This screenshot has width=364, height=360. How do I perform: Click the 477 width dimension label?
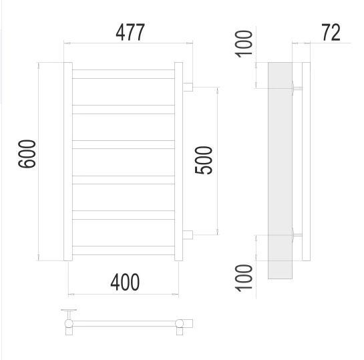(x=130, y=32)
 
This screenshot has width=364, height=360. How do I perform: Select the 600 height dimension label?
(x=27, y=154)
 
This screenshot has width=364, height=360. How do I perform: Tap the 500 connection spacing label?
(x=203, y=160)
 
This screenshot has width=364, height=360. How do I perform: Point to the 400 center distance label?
(x=125, y=282)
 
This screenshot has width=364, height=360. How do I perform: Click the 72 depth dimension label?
(x=331, y=33)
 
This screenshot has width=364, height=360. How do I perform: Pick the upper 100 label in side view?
(x=244, y=44)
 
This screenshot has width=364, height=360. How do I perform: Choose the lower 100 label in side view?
(x=244, y=278)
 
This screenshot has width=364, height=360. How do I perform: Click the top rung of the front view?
(x=124, y=74)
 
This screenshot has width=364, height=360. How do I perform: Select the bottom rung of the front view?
(x=124, y=250)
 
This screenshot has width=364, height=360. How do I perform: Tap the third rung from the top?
(x=124, y=145)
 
